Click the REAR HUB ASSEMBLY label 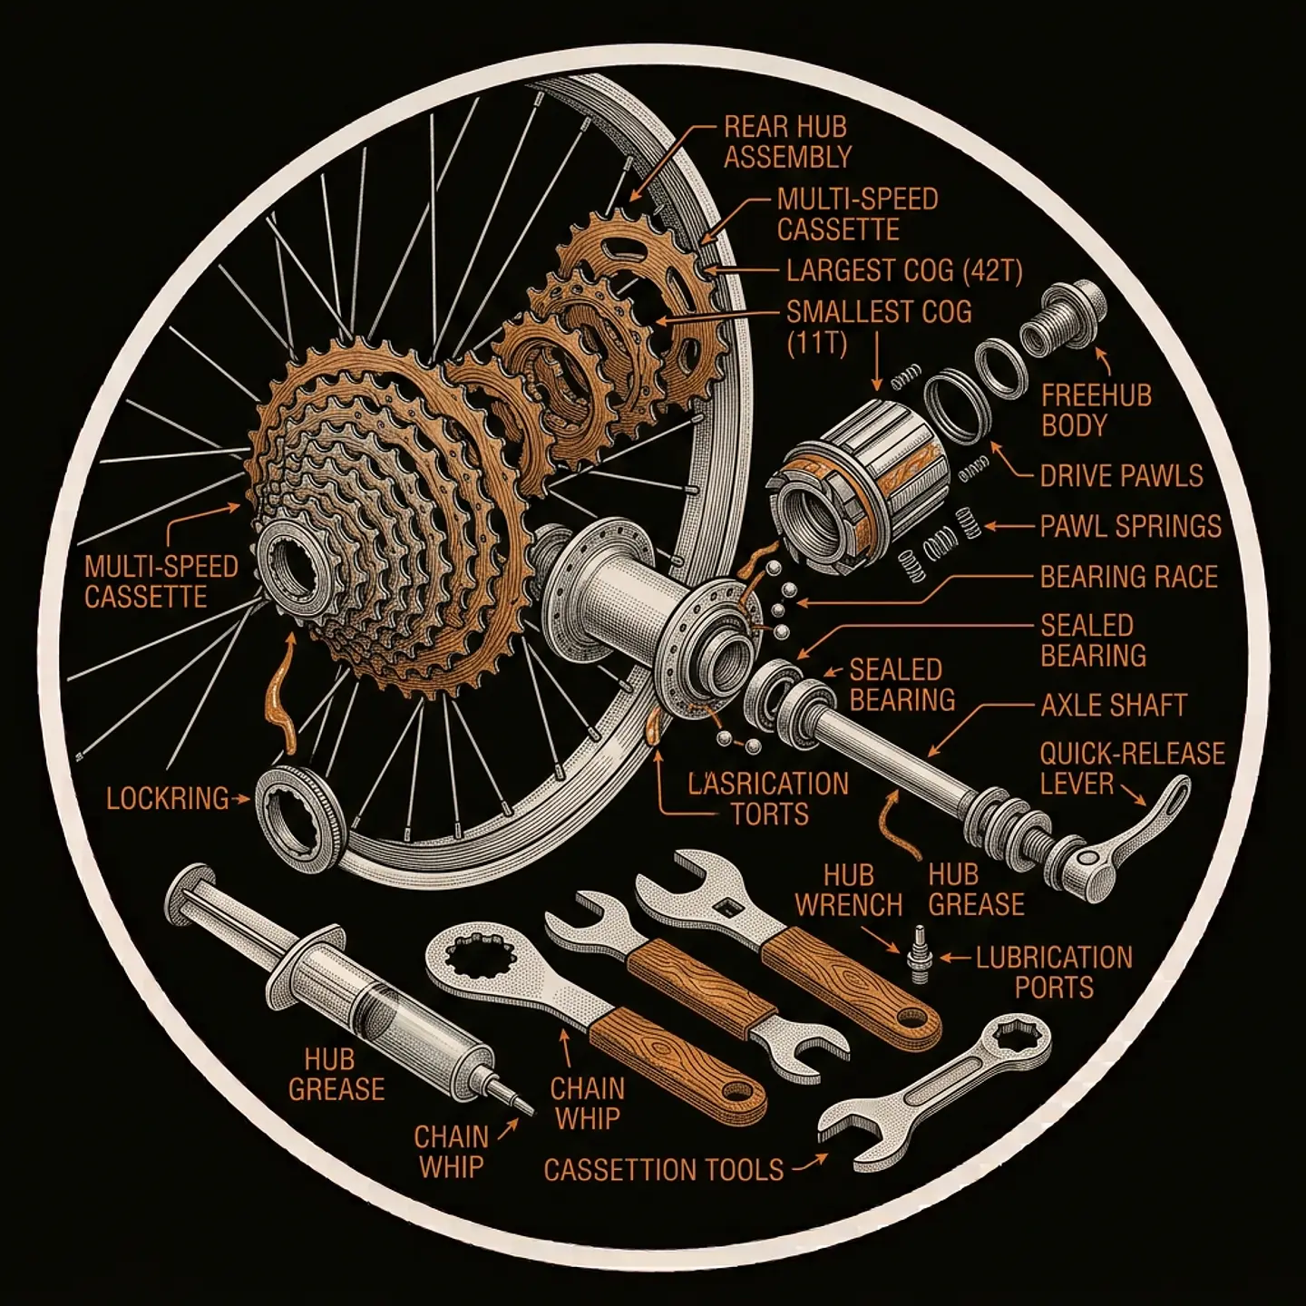(x=787, y=141)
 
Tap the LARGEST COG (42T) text (x=904, y=271)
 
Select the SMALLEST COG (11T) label (x=879, y=328)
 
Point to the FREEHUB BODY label (x=1096, y=411)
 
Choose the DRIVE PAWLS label (x=1122, y=476)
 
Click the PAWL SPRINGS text (x=1130, y=526)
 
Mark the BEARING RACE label (x=1129, y=577)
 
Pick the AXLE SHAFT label (x=1114, y=706)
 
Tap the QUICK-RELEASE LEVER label (x=1132, y=768)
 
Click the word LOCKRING (x=168, y=799)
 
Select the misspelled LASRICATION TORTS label (x=768, y=799)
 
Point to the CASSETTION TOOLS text (x=664, y=1170)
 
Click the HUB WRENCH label (x=849, y=890)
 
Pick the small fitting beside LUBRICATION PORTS (x=920, y=956)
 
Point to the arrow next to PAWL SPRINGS (x=1009, y=526)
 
